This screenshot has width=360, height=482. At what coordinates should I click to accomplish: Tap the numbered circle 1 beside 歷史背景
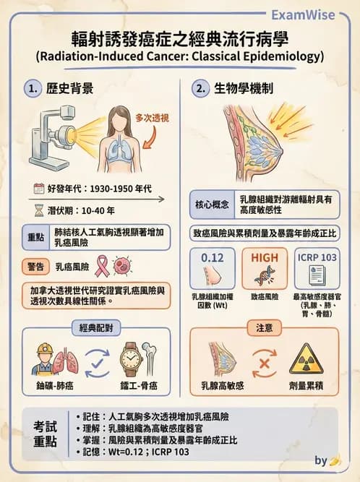click(x=31, y=90)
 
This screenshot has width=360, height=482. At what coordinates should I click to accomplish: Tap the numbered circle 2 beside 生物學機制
click(x=200, y=90)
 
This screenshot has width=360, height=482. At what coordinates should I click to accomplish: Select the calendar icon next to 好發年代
click(x=39, y=189)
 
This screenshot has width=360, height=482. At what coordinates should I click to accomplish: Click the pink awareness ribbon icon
click(x=102, y=265)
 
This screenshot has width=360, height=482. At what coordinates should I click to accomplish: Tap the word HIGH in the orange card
click(x=265, y=258)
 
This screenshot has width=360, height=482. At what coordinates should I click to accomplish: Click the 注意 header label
click(x=265, y=328)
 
